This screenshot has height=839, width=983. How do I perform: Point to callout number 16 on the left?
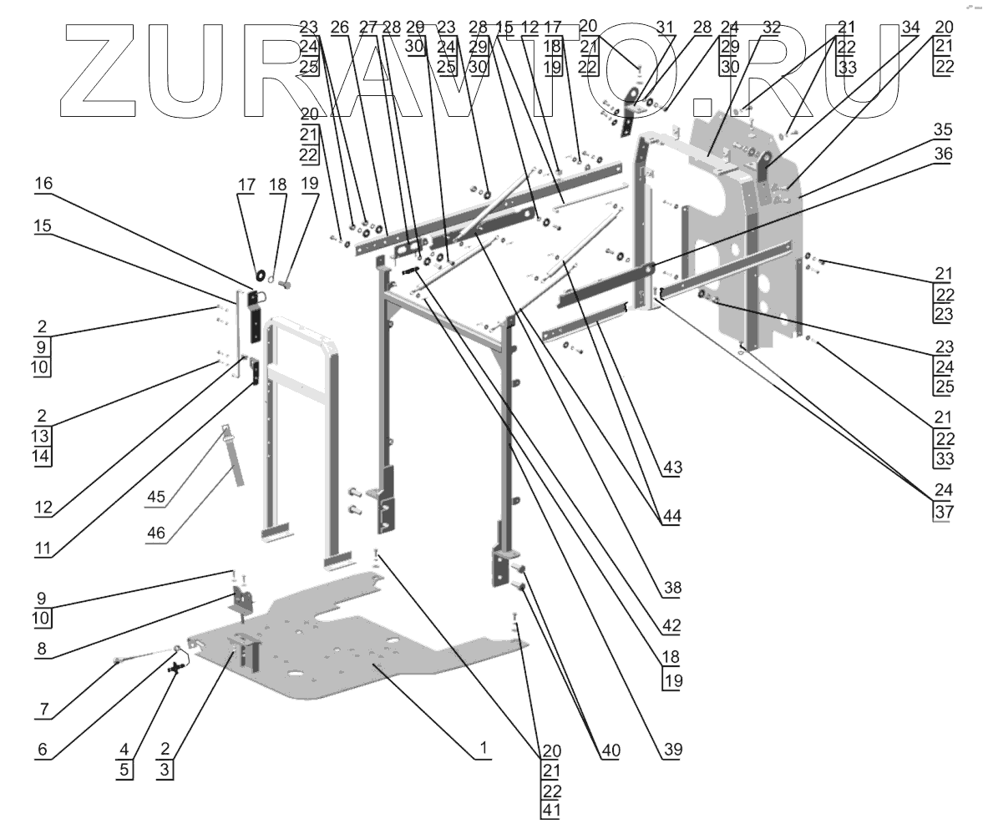pyautogui.click(x=44, y=183)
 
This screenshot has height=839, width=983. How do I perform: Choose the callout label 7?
pyautogui.click(x=43, y=709)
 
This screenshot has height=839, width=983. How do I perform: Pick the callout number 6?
pyautogui.click(x=43, y=749)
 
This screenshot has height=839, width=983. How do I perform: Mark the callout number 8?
pyautogui.click(x=44, y=647)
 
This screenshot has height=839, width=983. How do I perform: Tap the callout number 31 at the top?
pyautogui.click(x=665, y=27)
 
